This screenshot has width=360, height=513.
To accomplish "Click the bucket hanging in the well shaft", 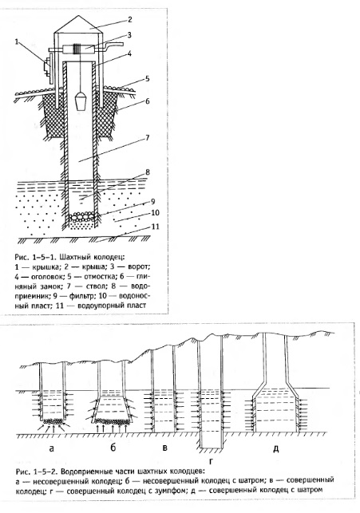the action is pyautogui.click(x=81, y=101).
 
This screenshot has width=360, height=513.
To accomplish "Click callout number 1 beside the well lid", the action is pyautogui.click(x=17, y=41).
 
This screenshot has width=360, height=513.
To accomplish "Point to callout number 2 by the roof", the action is pyautogui.click(x=129, y=20).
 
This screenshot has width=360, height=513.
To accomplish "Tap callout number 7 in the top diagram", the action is pyautogui.click(x=147, y=137).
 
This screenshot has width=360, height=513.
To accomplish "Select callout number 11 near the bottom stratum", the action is pyautogui.click(x=156, y=227).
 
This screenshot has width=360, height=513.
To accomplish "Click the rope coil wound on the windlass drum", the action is pyautogui.click(x=77, y=49).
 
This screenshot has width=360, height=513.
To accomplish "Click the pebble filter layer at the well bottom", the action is pyautogui.click(x=81, y=216).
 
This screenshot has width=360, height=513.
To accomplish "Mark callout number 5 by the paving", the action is pyautogui.click(x=147, y=78).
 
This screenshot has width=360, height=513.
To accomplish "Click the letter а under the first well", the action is pyautogui.click(x=51, y=448).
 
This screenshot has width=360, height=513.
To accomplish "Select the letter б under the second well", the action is pyautogui.click(x=113, y=447).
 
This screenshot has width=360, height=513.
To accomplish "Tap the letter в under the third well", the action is pyautogui.click(x=164, y=448).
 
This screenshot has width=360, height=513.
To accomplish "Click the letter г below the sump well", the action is pyautogui.click(x=211, y=462).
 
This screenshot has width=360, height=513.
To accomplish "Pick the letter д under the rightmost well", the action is pyautogui.click(x=276, y=448).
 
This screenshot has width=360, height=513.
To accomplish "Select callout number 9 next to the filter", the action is pyautogui.click(x=152, y=202).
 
